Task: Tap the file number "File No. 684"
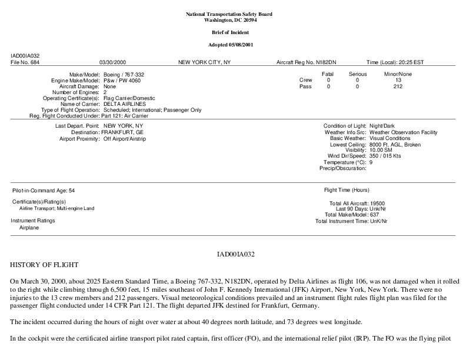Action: pos(25,62)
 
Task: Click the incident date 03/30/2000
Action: pos(113,62)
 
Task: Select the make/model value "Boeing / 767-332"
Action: pos(124,75)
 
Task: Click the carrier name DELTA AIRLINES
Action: pos(124,104)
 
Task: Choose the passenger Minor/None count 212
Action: pos(398,86)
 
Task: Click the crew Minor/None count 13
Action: pos(398,80)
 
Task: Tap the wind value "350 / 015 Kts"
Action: pos(385,156)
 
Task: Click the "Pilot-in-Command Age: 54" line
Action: pos(44,191)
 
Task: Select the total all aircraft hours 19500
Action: pos(377,204)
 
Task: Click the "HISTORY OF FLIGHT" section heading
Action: pos(45,265)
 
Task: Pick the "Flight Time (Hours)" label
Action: pos(347,190)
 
